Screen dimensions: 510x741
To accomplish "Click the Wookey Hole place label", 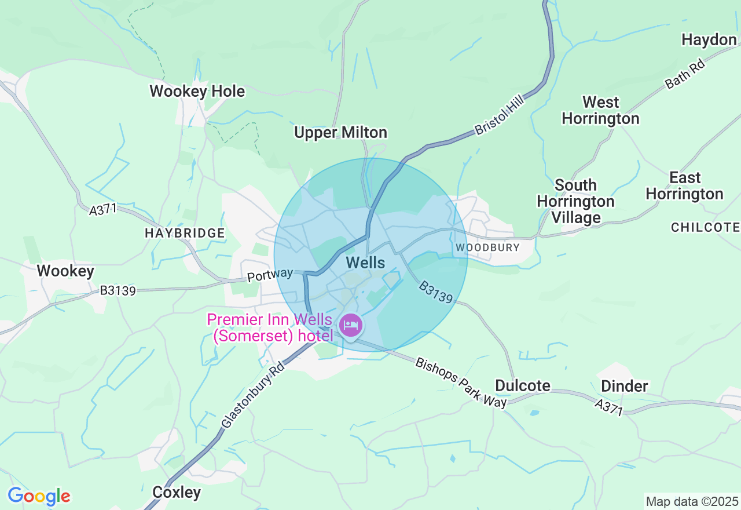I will click(197, 92).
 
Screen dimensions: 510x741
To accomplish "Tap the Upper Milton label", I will click(340, 133).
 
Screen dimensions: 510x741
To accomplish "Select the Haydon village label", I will click(709, 40).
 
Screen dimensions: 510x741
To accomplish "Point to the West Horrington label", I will click(600, 111).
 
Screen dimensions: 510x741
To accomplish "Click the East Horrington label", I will click(684, 185).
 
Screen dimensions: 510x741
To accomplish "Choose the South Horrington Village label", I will click(575, 201).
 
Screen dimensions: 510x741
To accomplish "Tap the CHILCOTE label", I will click(705, 227).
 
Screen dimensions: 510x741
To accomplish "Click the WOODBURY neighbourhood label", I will click(487, 247).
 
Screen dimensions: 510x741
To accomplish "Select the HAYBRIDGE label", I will click(185, 233).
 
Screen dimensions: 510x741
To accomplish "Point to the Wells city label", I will click(365, 263).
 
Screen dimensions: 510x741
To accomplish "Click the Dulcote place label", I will click(523, 386).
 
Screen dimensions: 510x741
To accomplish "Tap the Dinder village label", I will click(624, 386).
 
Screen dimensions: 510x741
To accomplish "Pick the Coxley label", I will click(177, 493).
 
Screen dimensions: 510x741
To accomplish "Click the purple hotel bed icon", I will click(350, 325).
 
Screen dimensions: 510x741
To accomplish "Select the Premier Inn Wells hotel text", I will click(270, 328).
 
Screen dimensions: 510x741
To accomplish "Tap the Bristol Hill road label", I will click(499, 116).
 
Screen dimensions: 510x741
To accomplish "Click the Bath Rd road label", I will click(685, 75).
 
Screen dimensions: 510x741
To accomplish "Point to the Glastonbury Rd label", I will click(253, 396).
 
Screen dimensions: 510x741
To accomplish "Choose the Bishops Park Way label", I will click(461, 382).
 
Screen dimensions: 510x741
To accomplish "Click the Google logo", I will click(39, 497).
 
